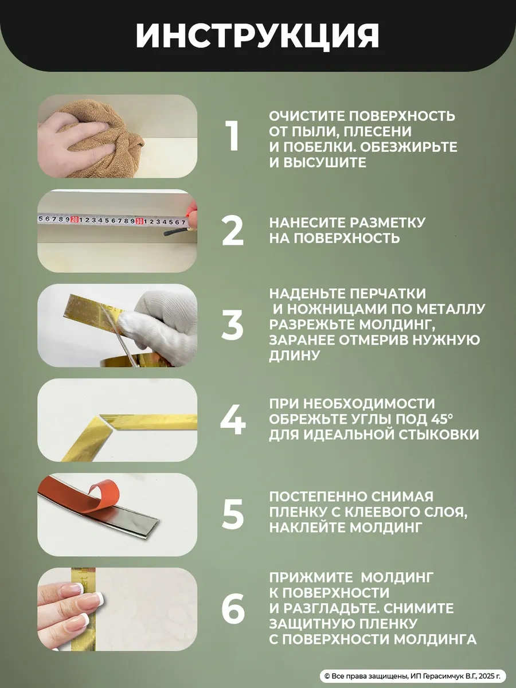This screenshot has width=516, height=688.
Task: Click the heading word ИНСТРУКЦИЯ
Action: pos(257,36)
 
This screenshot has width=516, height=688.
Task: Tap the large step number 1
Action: pos(232,136)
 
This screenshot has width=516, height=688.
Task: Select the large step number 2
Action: pos(232,231)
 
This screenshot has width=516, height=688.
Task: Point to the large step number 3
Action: pos(232,326)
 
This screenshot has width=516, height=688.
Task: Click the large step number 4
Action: pos(233,420)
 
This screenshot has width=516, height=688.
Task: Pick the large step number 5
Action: pos(233,515)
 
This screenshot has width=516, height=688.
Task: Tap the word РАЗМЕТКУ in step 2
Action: pos(387,223)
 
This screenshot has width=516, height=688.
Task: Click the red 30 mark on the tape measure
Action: pos(139,221)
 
